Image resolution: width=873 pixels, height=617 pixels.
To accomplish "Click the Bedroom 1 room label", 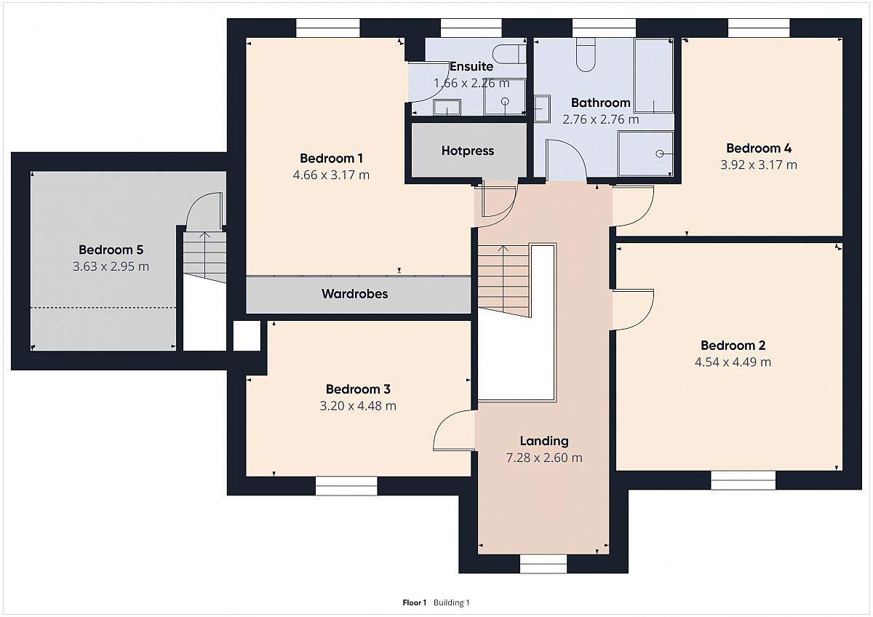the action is pos(331,158).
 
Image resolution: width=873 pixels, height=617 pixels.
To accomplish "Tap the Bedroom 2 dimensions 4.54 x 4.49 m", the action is pos(733,362).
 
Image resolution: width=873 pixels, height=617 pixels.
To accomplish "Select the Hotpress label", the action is pos(468,151).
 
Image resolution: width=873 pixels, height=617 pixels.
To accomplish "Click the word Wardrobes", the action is pos(355,293).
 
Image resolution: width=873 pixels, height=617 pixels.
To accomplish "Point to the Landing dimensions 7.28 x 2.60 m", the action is pos(544,458).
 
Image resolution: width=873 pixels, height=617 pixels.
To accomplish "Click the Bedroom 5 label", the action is pos(111,250).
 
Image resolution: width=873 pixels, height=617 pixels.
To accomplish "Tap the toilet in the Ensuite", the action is pos(509,54).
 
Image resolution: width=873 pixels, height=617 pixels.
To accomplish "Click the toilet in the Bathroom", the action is pos(586,55).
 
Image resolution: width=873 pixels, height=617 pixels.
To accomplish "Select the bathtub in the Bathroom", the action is pos(653,76).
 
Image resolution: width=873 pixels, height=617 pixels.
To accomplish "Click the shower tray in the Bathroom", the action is pos(645,154).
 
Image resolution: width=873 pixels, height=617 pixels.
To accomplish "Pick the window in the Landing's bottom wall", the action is pos(543,564).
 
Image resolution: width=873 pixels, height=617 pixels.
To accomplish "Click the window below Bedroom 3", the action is pos(346,486).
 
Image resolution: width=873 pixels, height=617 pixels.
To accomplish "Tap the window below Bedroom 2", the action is pos(744,481).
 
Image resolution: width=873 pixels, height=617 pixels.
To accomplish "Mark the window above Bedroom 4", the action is pos(759,28).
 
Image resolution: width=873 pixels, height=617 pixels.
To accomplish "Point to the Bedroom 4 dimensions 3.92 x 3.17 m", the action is pos(758,165).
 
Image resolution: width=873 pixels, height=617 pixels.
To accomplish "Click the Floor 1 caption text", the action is pos(414,602).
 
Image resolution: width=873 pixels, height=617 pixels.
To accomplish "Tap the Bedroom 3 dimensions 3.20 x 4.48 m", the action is pos(358,406).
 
